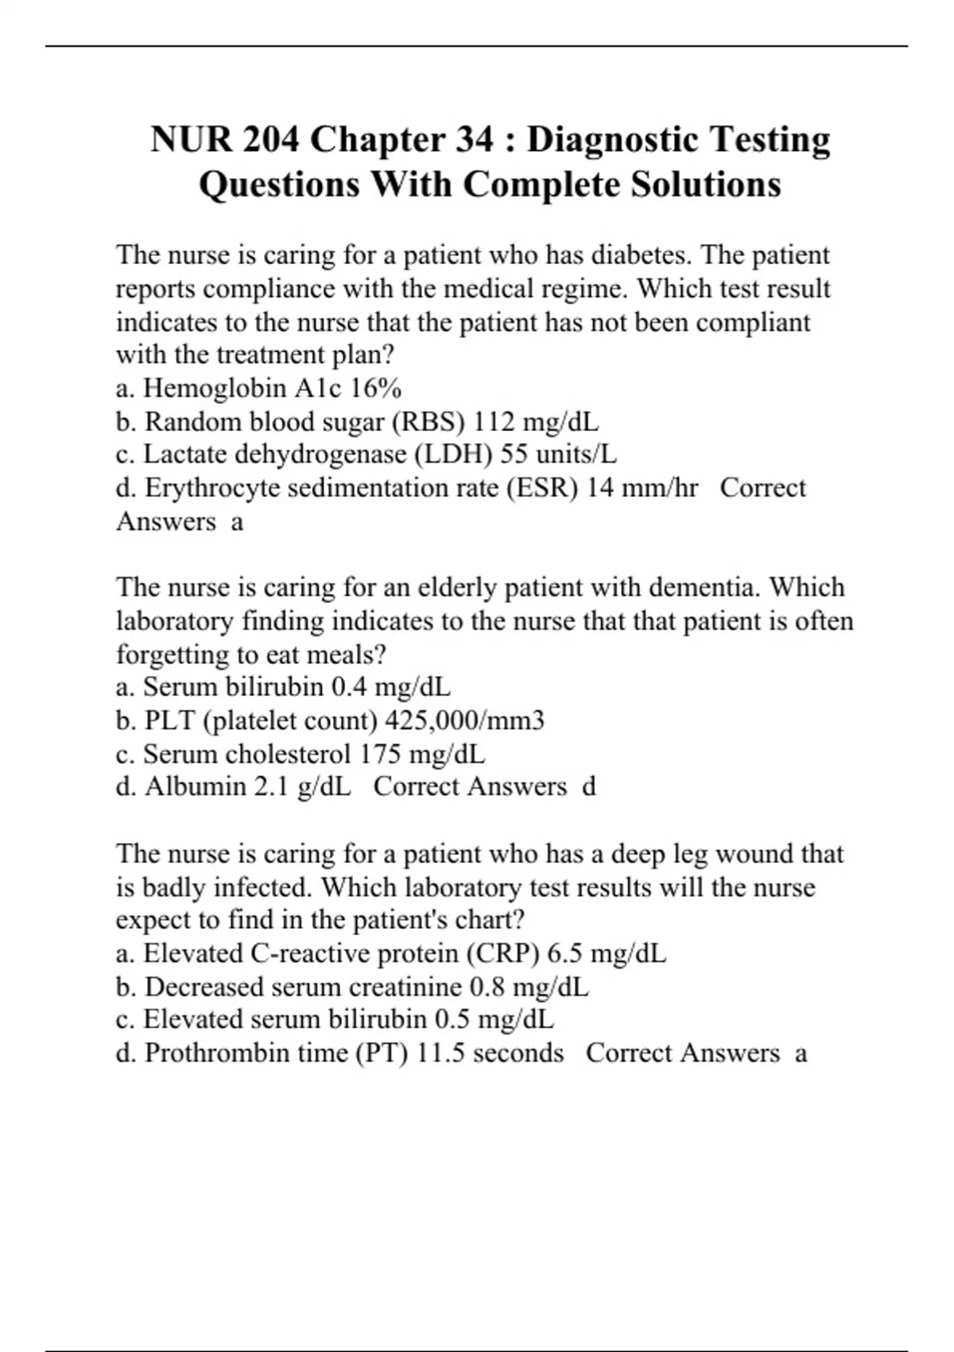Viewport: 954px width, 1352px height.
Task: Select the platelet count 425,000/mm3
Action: point(464,721)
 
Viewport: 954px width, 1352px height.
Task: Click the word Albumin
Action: point(196,787)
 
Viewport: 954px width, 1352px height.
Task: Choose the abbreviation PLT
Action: point(170,721)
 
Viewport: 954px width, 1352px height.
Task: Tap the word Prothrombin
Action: point(218,1053)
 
